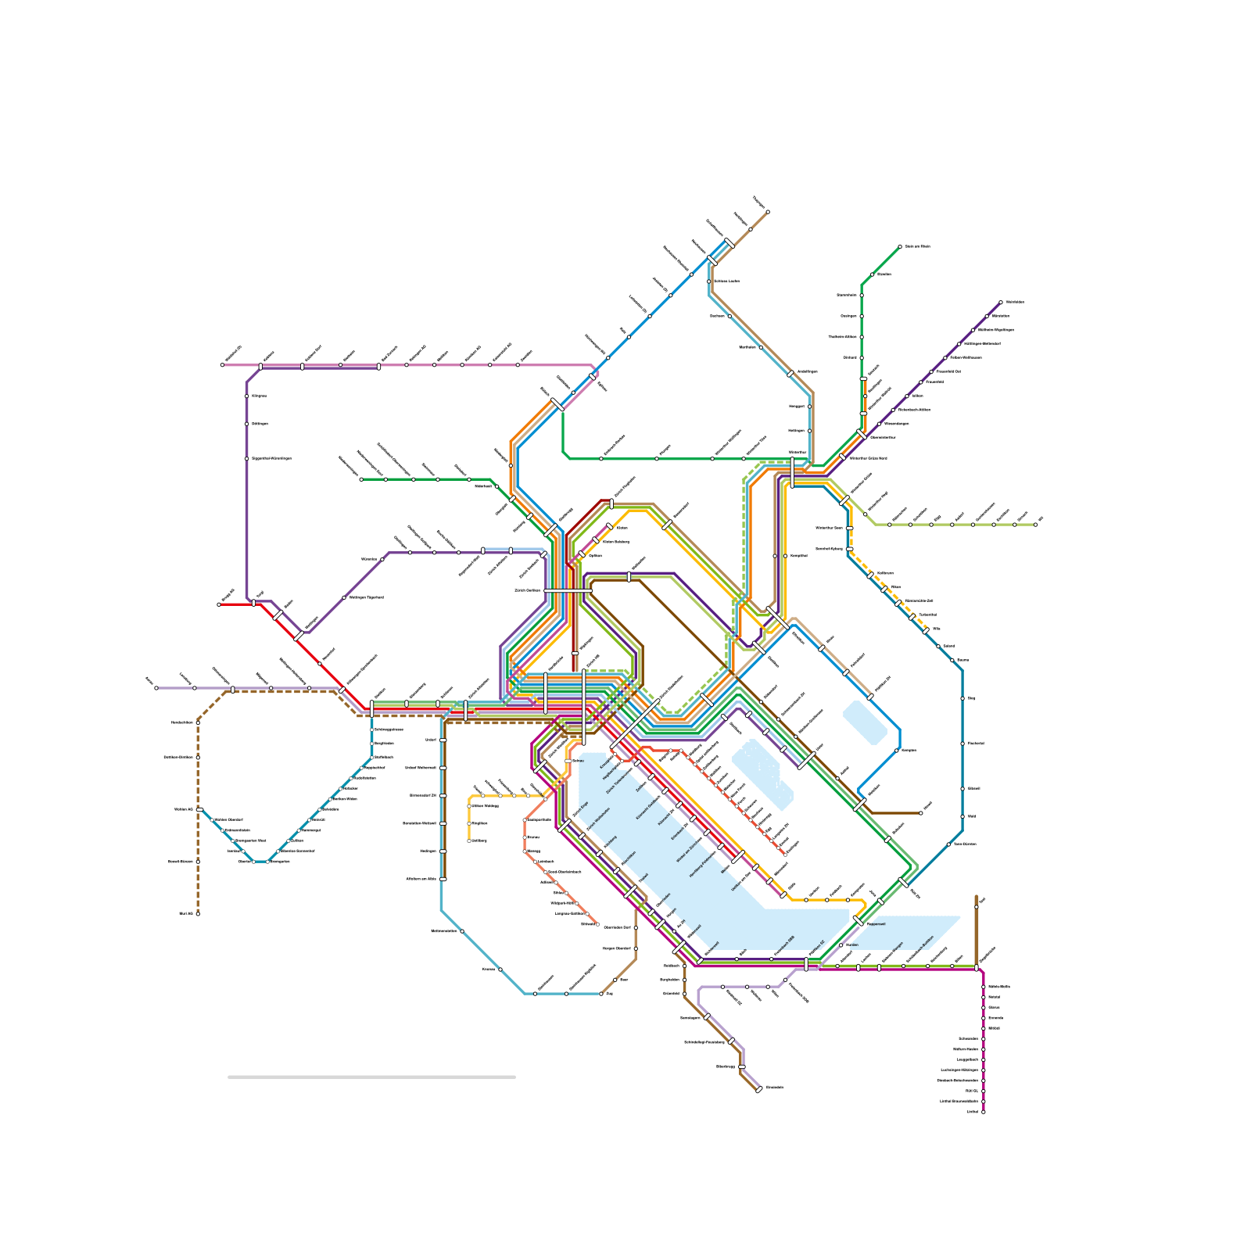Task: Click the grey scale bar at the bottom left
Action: click(371, 1077)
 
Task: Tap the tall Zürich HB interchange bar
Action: click(584, 707)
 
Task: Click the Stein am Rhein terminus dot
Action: click(900, 246)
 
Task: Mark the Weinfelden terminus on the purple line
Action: click(1001, 302)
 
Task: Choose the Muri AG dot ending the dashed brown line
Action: click(198, 913)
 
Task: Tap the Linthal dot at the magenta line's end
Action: click(983, 1111)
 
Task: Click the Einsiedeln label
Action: click(774, 1087)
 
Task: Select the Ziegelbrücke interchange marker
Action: click(977, 967)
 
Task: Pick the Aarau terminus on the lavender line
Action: click(156, 688)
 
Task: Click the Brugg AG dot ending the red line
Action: click(219, 604)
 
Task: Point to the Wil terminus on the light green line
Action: click(1035, 525)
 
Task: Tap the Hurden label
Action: click(851, 945)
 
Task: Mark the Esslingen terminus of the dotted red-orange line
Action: click(785, 855)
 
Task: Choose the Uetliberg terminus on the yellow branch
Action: click(469, 841)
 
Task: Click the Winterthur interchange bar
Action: click(792, 472)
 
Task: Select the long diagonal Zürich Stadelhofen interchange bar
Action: click(634, 724)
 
